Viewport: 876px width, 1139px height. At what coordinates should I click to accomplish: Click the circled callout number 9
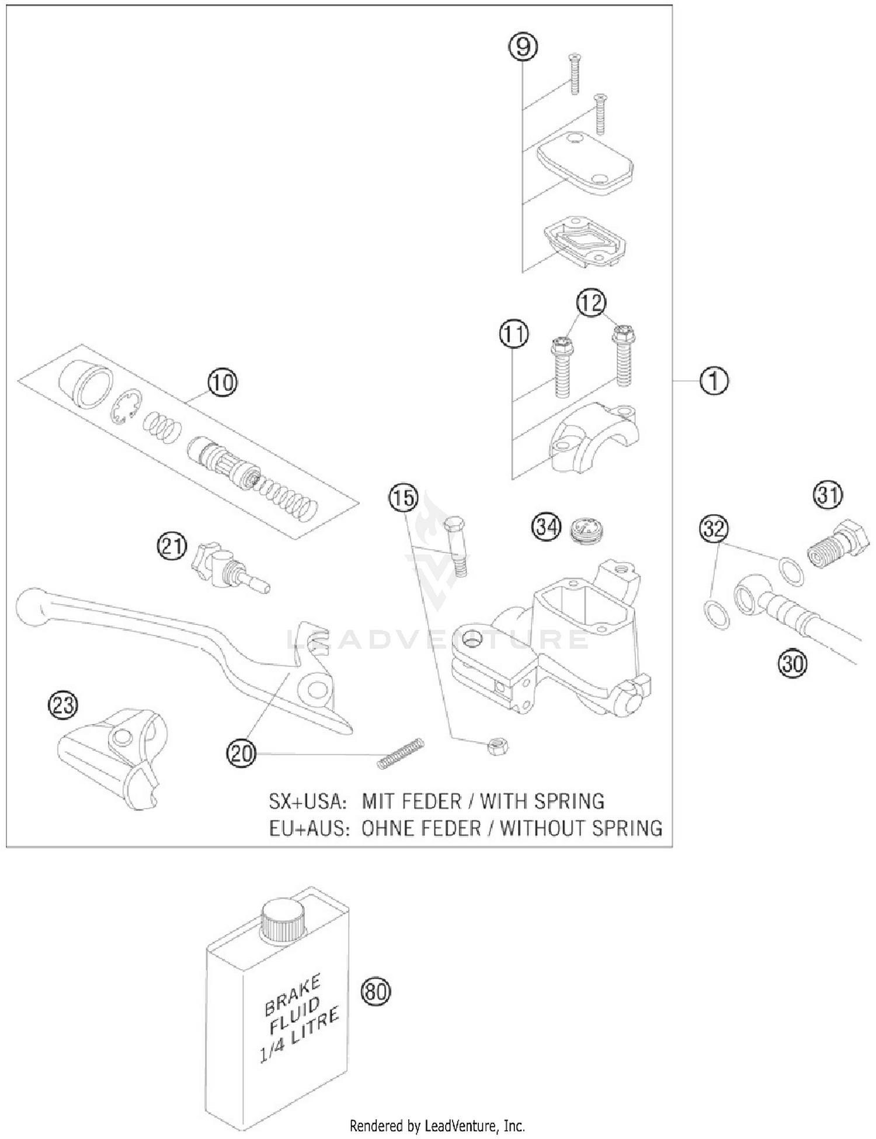tap(522, 47)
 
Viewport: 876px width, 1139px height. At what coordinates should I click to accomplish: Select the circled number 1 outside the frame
tap(714, 381)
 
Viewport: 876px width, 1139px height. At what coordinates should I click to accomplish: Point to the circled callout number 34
tap(546, 527)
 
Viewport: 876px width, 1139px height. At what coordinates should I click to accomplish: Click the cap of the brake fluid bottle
tap(283, 920)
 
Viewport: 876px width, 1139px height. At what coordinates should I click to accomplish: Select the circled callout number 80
tap(375, 991)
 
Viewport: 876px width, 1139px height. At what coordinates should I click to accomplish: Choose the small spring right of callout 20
tap(401, 754)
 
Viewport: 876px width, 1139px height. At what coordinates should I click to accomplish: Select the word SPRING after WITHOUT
tap(626, 828)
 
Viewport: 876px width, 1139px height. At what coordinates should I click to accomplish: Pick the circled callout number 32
tap(714, 529)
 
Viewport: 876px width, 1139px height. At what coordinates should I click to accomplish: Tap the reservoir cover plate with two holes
tap(584, 162)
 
